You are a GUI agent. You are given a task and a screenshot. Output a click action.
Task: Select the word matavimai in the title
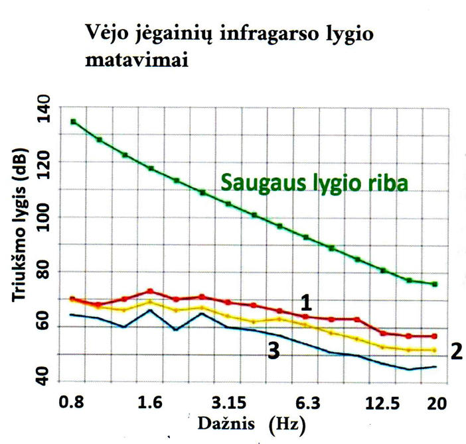(137, 62)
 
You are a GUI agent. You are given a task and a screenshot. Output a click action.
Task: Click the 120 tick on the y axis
(44, 162)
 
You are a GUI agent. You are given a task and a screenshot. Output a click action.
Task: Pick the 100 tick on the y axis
(44, 217)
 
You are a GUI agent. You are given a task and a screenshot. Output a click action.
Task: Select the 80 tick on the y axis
(44, 272)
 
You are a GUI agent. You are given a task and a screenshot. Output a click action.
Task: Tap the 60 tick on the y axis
(44, 327)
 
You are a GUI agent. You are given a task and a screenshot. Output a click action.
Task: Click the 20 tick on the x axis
(436, 402)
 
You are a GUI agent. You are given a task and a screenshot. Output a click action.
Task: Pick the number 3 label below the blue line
(273, 352)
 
